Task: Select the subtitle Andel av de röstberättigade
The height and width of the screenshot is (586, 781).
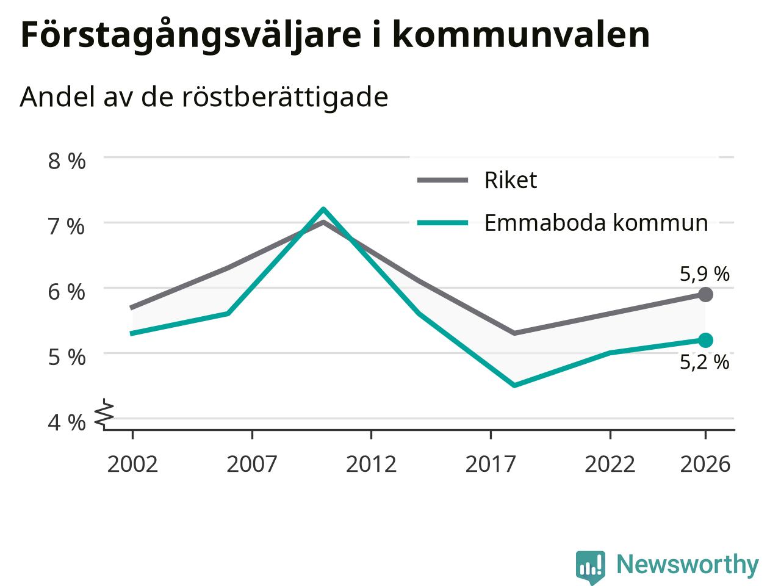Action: pyautogui.click(x=204, y=97)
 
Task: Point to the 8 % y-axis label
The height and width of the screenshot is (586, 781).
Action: pyautogui.click(x=67, y=161)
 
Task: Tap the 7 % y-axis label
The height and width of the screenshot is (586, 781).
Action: pyautogui.click(x=67, y=226)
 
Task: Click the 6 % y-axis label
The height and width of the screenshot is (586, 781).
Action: pyautogui.click(x=67, y=292)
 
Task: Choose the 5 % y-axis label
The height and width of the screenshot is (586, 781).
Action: pyautogui.click(x=67, y=357)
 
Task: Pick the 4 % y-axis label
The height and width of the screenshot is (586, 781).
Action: pyautogui.click(x=67, y=422)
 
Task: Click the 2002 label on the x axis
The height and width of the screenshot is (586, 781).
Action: pyautogui.click(x=132, y=465)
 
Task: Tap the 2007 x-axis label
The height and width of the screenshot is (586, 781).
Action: pyautogui.click(x=252, y=465)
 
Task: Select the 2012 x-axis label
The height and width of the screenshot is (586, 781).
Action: pyautogui.click(x=371, y=465)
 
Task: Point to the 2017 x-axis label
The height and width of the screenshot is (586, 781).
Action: pyautogui.click(x=491, y=465)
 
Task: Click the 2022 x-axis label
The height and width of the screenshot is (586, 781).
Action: pyautogui.click(x=610, y=465)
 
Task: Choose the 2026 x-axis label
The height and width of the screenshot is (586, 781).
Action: pyautogui.click(x=705, y=465)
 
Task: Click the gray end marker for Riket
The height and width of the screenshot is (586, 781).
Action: pyautogui.click(x=705, y=295)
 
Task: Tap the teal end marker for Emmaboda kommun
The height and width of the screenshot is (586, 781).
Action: pyautogui.click(x=705, y=341)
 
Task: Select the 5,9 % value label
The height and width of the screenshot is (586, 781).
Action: pyautogui.click(x=705, y=274)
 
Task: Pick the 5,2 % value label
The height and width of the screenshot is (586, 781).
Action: pyautogui.click(x=705, y=362)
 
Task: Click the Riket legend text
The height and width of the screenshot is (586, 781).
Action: pyautogui.click(x=511, y=180)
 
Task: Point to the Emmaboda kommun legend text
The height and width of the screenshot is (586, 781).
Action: pyautogui.click(x=596, y=223)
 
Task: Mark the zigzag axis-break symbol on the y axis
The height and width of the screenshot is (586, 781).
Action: pyautogui.click(x=104, y=413)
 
